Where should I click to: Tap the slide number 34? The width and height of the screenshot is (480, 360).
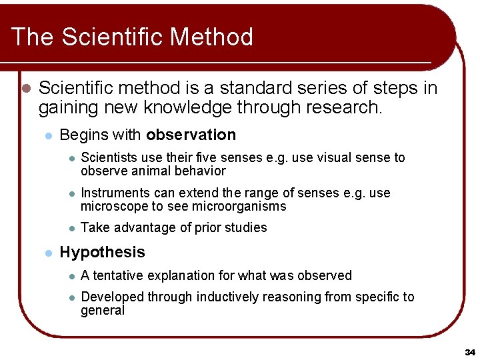tap(469, 351)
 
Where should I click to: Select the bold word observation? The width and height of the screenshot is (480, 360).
tap(191, 135)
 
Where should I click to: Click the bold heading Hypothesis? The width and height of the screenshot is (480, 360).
tap(102, 252)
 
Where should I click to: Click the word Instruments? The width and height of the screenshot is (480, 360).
tap(111, 193)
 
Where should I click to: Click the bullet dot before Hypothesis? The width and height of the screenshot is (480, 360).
tap(47, 253)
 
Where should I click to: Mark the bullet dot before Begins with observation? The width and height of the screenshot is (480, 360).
tap(47, 135)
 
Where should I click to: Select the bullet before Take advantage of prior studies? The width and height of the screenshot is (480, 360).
tap(70, 228)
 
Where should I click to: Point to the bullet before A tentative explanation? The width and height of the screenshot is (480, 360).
tap(70, 276)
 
